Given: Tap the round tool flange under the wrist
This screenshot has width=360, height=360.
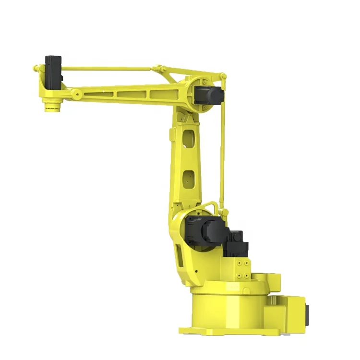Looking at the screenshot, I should (x=51, y=105).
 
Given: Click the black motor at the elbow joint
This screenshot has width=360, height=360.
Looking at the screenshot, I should (x=209, y=94).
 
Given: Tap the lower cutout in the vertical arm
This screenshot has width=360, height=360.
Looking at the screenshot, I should (x=189, y=178).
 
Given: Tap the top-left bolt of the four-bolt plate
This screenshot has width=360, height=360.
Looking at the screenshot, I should (x=239, y=263).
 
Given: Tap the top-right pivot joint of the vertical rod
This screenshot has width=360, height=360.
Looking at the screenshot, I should (x=223, y=76).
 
